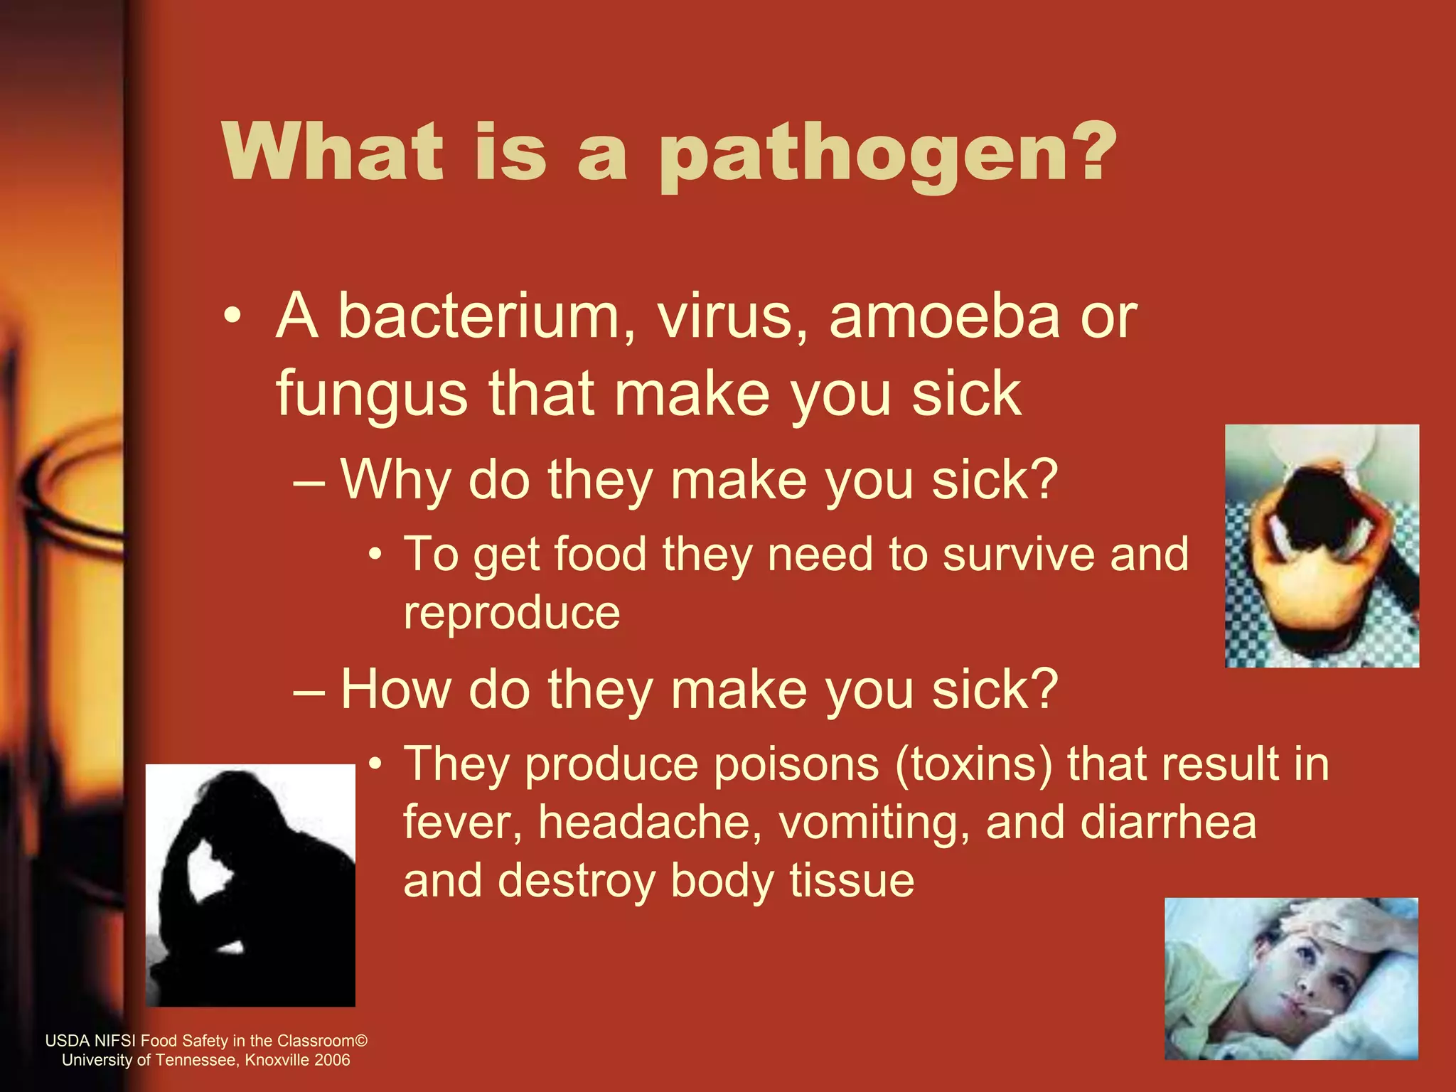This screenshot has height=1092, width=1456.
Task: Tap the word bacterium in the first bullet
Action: [x=478, y=316]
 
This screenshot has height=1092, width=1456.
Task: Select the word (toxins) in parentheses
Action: [x=973, y=765]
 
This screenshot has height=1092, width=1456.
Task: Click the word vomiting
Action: [x=874, y=823]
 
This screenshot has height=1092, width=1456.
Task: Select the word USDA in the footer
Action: [x=68, y=1041]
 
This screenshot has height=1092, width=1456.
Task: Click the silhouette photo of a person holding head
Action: [x=250, y=885]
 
